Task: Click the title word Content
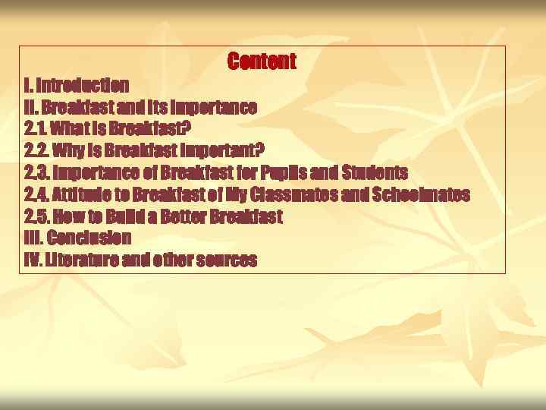(x=262, y=61)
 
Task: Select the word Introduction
(x=83, y=84)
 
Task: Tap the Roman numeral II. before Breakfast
(x=31, y=106)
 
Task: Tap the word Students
(x=375, y=172)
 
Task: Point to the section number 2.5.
(x=36, y=216)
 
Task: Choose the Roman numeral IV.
(x=33, y=260)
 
